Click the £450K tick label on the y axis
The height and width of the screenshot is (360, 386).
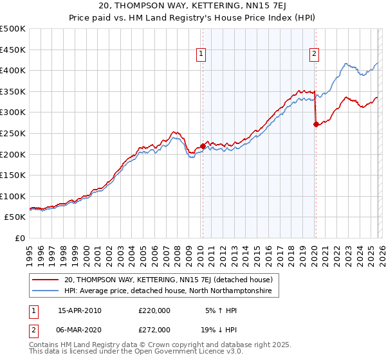coord(13,50)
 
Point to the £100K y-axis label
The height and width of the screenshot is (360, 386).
coord(13,196)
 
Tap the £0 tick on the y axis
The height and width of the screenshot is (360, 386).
coord(20,239)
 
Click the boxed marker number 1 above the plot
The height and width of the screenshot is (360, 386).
coord(202,55)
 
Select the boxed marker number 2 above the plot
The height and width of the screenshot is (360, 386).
coord(315,55)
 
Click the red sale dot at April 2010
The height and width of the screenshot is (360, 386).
coord(203,146)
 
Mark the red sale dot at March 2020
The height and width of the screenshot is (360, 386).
coord(315,125)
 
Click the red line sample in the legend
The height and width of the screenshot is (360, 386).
coord(46,280)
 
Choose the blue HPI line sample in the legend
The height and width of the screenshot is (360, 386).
coord(46,291)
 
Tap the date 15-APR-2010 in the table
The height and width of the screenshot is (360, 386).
coord(80,310)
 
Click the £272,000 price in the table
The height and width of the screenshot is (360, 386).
coord(154,329)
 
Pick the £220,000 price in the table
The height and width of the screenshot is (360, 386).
coord(154,310)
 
